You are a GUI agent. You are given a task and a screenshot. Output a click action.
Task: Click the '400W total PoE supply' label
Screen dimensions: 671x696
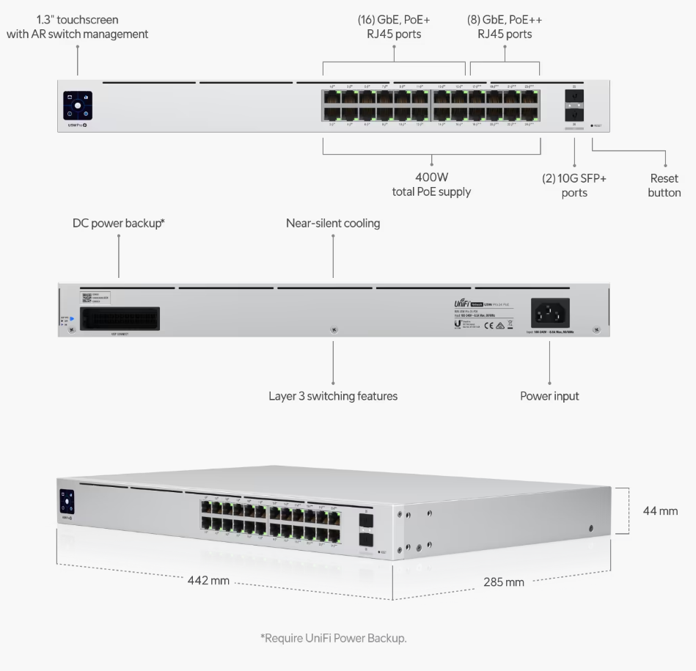(x=431, y=184)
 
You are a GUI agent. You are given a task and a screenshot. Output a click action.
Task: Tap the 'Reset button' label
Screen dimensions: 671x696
(x=664, y=185)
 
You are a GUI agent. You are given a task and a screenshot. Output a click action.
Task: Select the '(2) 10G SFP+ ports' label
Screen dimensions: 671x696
(x=574, y=185)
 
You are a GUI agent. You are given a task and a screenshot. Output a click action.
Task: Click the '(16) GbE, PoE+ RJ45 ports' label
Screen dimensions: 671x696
(x=394, y=26)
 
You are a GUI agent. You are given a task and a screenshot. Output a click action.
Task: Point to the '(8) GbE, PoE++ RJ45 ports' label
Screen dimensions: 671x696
(x=505, y=26)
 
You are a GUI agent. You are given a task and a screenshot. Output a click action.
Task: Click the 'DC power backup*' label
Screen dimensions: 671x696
(x=118, y=223)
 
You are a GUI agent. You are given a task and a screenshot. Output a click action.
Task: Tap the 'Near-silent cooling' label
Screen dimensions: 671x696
(x=333, y=223)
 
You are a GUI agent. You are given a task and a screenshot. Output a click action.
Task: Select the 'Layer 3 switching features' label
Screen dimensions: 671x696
(x=333, y=396)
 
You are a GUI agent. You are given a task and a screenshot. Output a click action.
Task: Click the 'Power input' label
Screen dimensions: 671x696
(x=549, y=396)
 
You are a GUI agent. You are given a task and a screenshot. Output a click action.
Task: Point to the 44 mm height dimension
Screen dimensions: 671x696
(x=660, y=510)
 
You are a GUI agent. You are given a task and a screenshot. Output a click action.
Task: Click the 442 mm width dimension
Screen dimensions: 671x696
(x=208, y=580)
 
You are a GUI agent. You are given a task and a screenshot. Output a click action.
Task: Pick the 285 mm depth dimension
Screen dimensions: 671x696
(x=504, y=582)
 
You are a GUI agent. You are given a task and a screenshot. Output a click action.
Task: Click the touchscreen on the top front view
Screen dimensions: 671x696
(x=78, y=105)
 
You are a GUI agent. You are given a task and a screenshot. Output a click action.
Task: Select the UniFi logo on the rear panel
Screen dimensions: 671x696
(x=461, y=303)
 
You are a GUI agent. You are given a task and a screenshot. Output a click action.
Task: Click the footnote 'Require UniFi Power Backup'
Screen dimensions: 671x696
(x=333, y=638)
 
